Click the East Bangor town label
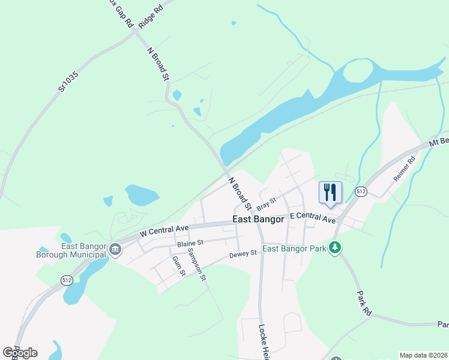258,220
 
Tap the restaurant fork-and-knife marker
330,193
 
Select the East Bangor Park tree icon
336,248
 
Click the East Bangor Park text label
294,249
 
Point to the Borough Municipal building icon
113,250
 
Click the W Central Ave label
164,229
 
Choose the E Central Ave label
312,217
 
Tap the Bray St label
265,203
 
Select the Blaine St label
191,243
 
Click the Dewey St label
243,254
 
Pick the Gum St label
179,266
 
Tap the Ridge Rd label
150,16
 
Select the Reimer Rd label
404,170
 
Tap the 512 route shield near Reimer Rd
360,191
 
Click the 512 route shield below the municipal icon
67,280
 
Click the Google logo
20,352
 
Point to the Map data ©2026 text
423,355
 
